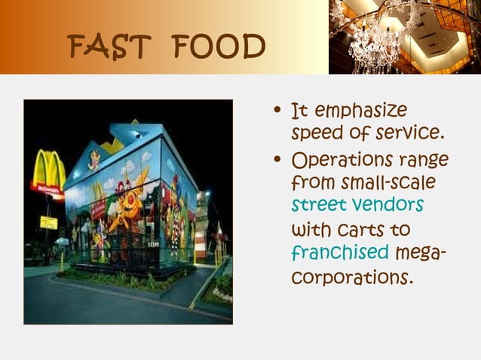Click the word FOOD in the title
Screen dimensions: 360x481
click(219, 47)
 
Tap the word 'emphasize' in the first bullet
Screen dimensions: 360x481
click(360, 111)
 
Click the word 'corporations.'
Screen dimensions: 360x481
click(352, 276)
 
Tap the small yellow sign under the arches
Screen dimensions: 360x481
click(49, 222)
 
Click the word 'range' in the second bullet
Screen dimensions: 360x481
click(426, 161)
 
